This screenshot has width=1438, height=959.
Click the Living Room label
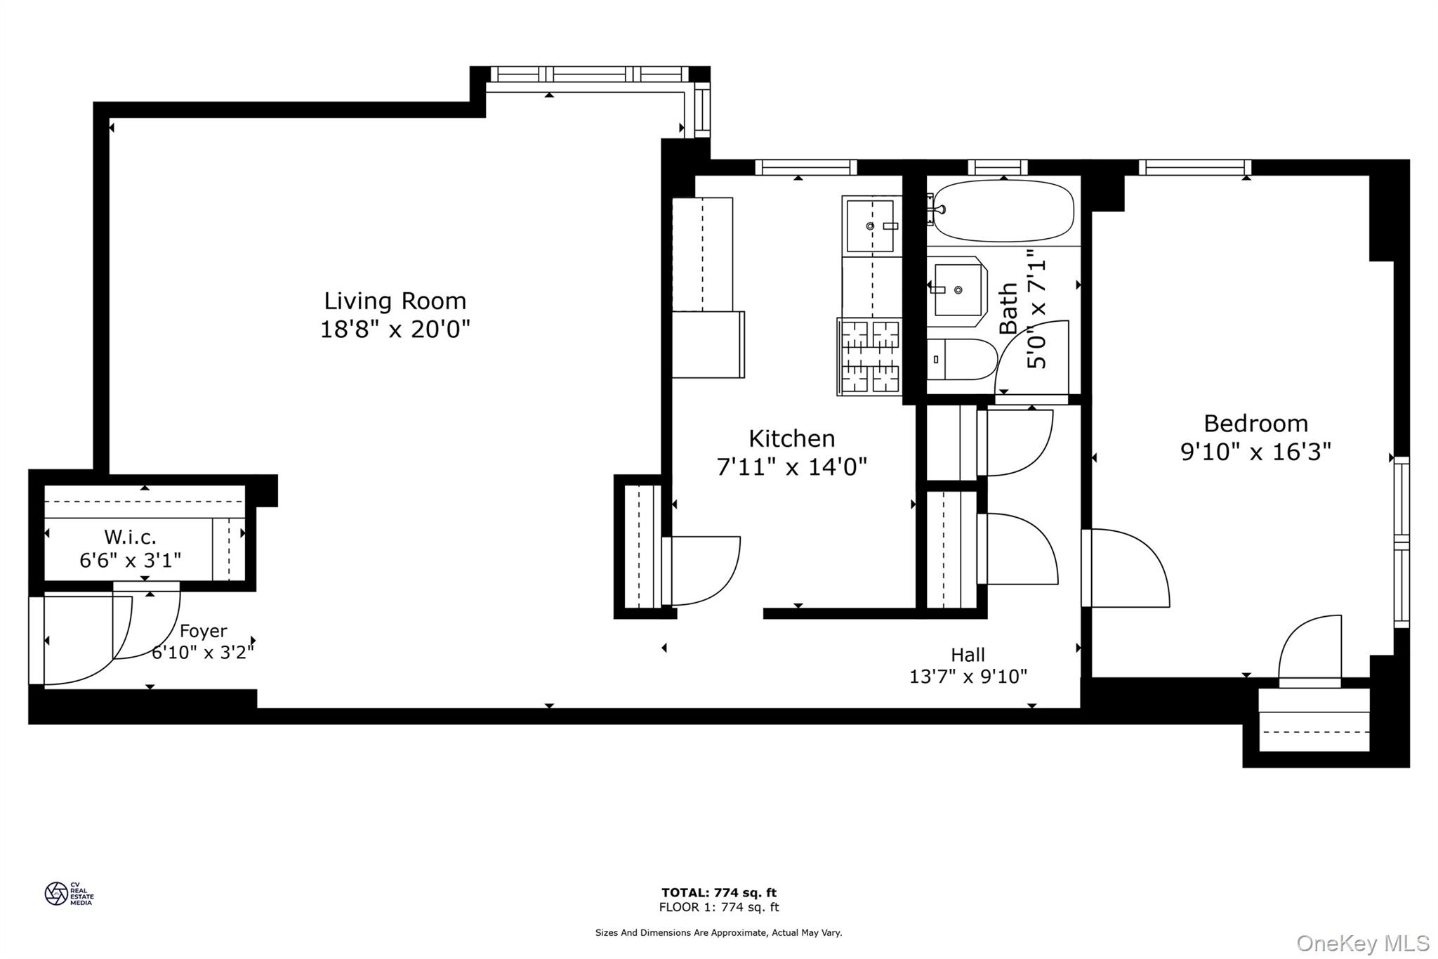point(395,301)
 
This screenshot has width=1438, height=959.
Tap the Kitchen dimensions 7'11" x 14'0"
point(791,467)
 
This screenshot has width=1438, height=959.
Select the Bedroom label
point(1255,424)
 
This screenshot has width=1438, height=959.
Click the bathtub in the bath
point(1003,210)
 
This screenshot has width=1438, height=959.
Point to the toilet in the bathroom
point(960,359)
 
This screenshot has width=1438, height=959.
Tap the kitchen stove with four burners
point(870,356)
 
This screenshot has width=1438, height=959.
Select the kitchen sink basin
point(871,226)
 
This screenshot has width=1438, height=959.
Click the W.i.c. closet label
point(130,537)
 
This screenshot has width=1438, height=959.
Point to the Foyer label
point(203,631)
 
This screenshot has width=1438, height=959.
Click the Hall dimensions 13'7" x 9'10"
point(968,677)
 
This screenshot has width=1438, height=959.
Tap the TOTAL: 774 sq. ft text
point(718,893)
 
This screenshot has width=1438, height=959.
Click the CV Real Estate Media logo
point(69,894)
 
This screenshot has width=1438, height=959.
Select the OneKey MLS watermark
point(1362,943)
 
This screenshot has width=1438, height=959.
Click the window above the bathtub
point(998,167)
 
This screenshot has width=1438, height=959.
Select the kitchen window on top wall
point(805,167)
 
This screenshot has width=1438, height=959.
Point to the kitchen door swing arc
point(706,570)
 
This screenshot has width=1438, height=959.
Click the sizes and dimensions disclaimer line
point(718,933)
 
